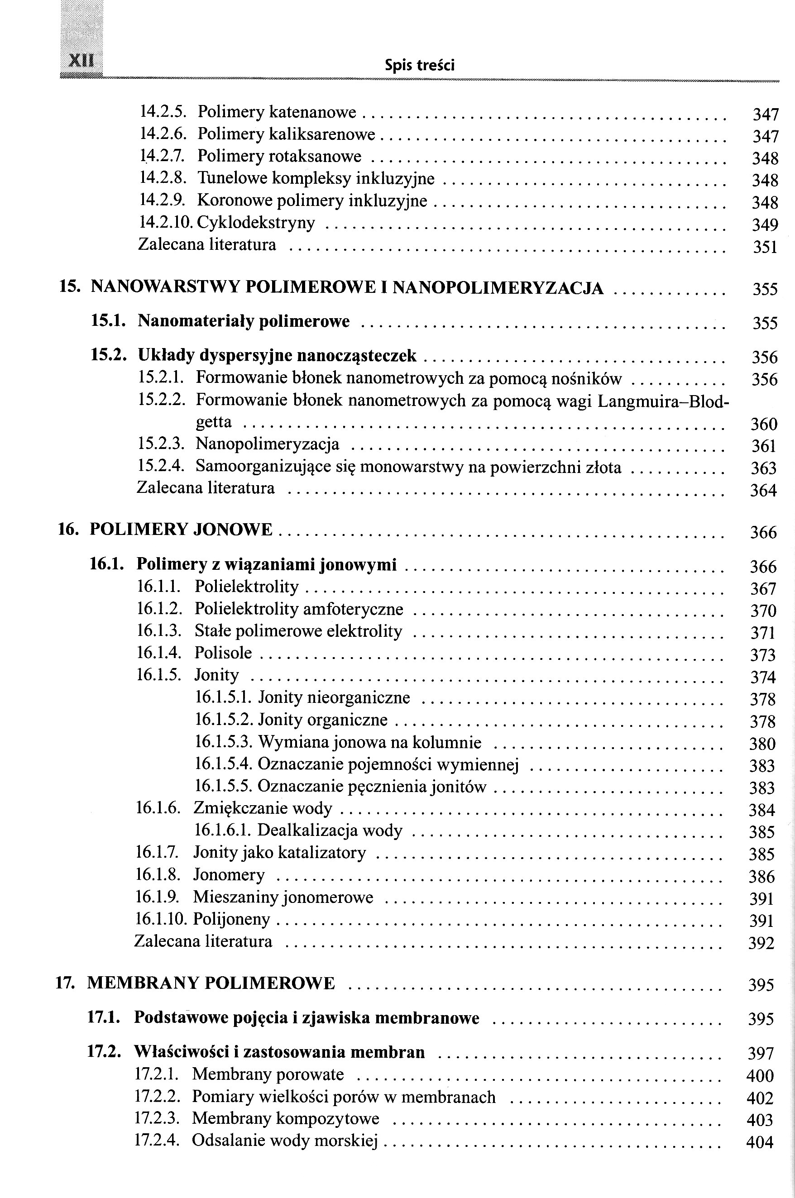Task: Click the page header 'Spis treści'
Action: click(419, 65)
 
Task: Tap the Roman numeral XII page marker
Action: click(81, 61)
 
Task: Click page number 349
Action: click(765, 224)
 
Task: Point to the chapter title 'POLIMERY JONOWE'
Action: click(181, 530)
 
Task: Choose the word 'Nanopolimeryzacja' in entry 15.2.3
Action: click(267, 444)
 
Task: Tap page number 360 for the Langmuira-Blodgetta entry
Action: click(764, 424)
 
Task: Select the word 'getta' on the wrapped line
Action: click(213, 422)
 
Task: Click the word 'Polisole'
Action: click(223, 653)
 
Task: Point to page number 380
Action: click(762, 744)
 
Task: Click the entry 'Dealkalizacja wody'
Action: click(330, 830)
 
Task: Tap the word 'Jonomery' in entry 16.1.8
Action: click(229, 875)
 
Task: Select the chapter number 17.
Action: click(65, 983)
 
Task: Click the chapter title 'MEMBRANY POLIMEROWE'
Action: click(211, 983)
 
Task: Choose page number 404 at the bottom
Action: click(760, 1142)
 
